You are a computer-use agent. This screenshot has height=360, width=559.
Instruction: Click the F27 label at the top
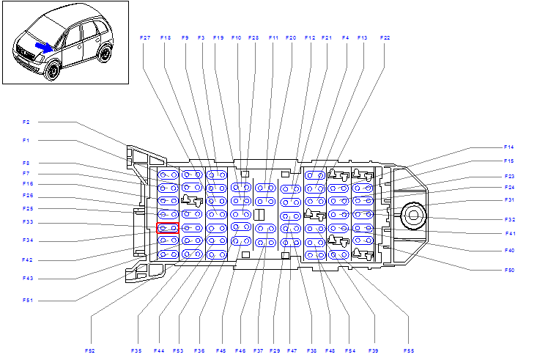click(x=145, y=37)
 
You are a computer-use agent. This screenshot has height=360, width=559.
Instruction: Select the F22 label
click(x=385, y=37)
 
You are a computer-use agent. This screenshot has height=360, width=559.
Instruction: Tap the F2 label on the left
click(x=26, y=122)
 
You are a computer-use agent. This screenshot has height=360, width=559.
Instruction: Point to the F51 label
click(x=27, y=301)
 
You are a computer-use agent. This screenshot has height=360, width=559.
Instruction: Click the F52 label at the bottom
click(x=90, y=350)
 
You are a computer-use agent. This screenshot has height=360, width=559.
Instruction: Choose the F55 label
click(x=409, y=350)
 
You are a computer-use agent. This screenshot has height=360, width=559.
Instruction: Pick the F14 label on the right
click(x=508, y=147)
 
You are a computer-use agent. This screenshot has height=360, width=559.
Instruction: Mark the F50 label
click(x=509, y=270)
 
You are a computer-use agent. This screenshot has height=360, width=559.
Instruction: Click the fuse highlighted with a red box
click(x=168, y=228)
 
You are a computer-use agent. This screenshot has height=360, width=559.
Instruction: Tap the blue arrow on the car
click(x=44, y=48)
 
